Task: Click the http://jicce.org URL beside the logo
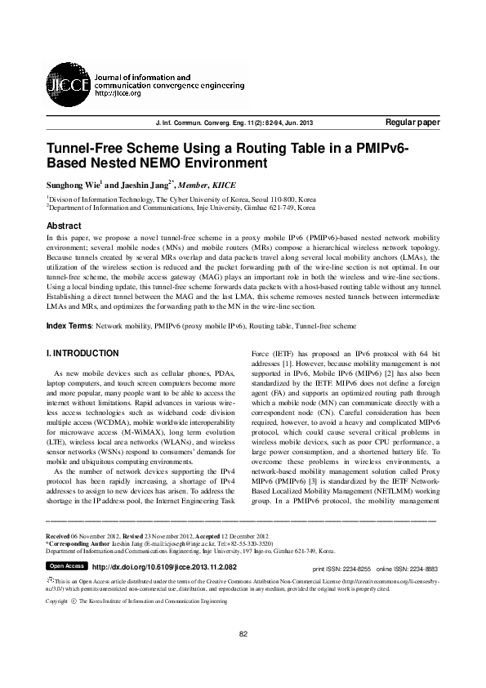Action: click(x=118, y=94)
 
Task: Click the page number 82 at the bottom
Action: click(x=243, y=658)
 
